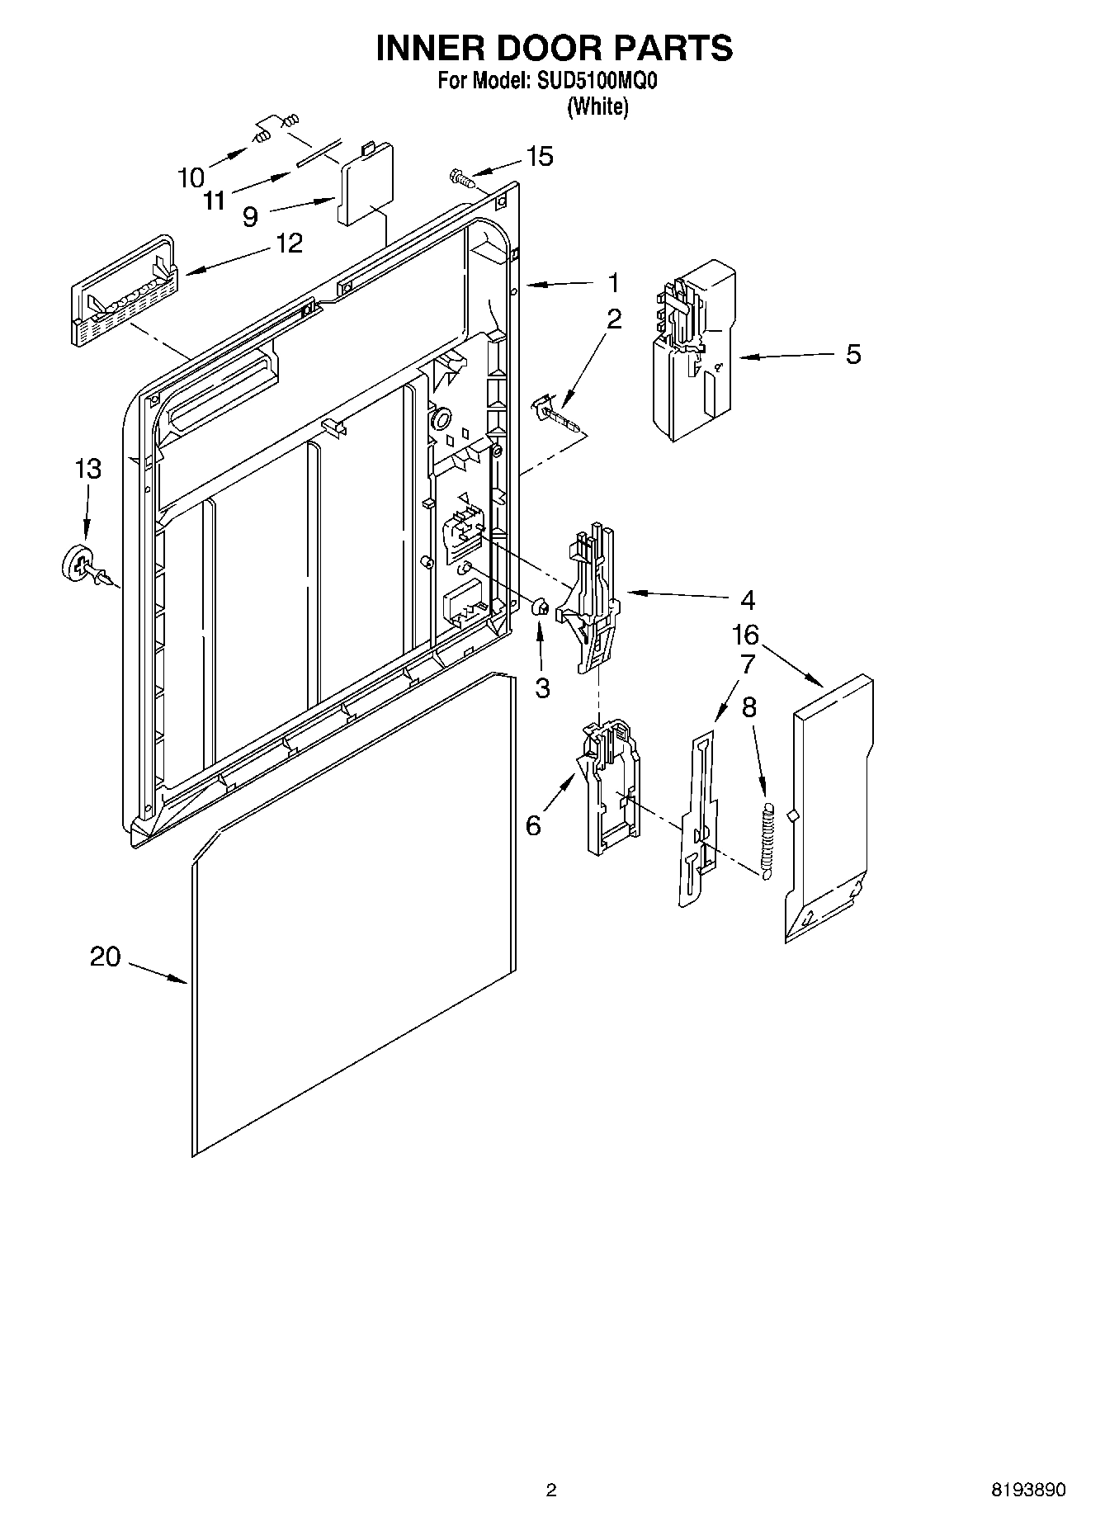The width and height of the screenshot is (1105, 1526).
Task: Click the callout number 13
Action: pos(87,469)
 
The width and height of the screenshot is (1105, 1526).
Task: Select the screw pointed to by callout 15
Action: pos(460,176)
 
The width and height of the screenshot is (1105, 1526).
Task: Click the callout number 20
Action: pos(105,957)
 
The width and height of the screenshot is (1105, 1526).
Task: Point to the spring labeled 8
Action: pos(767,841)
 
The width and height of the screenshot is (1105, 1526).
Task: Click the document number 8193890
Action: pos(1027,1489)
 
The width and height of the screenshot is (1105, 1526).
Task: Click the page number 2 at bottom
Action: pos(551,1489)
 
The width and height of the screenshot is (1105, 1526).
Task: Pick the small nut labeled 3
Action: pos(540,607)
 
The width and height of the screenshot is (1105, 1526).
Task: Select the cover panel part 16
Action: pos(829,809)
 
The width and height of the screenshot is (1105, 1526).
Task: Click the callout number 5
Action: pos(853,354)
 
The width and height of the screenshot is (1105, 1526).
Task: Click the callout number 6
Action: pos(533,824)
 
